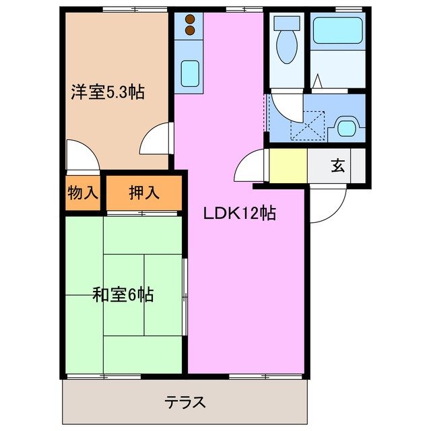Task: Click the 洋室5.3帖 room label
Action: tap(108, 92)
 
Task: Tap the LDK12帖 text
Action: tap(240, 213)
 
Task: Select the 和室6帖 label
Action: tap(123, 294)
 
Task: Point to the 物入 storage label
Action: tap(83, 193)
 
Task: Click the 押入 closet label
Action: tap(144, 193)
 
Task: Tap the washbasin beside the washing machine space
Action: tap(348, 127)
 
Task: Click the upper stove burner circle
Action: tap(190, 19)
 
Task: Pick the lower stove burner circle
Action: tap(190, 30)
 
